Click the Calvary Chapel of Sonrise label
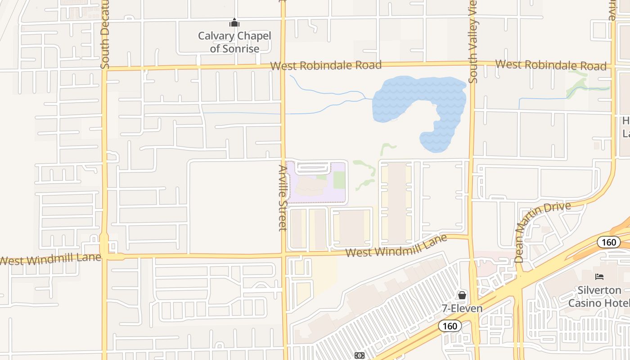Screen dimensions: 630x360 point(234,42)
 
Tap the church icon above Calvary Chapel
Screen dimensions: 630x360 point(234,22)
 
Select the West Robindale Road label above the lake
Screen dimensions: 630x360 point(326,65)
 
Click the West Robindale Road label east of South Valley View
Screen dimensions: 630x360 point(551,65)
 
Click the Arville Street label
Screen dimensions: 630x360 point(283,198)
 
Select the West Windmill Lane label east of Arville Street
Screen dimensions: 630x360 point(396,246)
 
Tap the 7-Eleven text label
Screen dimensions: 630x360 point(462,309)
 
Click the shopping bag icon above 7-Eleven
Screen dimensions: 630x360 point(462,295)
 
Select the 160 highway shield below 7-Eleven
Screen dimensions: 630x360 point(450,326)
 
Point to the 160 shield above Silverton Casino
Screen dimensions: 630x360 point(609,242)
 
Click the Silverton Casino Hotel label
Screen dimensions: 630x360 point(599,297)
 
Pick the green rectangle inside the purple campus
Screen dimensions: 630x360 point(339,180)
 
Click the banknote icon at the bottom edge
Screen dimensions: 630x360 point(360,355)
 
